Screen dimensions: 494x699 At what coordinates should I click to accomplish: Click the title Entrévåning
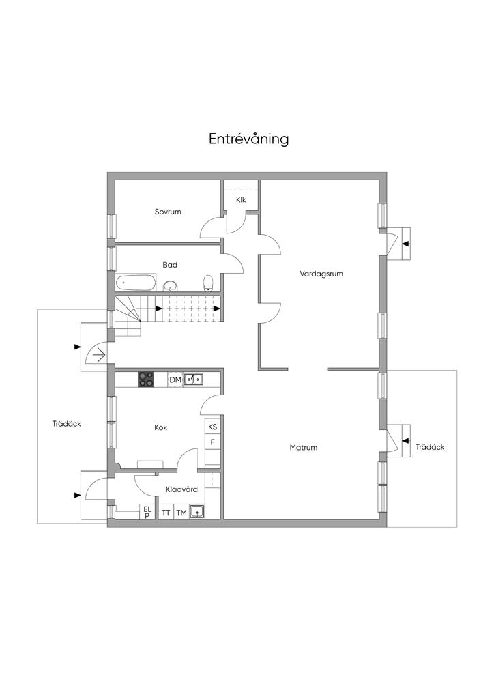tap(248, 139)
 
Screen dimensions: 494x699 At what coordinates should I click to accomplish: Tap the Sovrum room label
tap(168, 212)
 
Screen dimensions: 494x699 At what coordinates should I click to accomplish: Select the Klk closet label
tap(241, 200)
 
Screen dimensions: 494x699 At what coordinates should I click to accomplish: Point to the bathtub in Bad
tap(136, 283)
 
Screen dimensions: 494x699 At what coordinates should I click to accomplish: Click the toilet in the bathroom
tap(209, 283)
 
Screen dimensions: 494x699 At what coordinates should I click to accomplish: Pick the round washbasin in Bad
tap(170, 285)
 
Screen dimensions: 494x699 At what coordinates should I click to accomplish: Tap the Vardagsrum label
tap(321, 274)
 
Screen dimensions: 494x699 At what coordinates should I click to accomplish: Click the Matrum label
tap(304, 447)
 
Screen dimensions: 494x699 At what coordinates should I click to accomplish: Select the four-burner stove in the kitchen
tap(145, 380)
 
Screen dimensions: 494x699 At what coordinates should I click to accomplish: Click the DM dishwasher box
tap(175, 380)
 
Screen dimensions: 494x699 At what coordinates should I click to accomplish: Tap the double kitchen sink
tap(194, 380)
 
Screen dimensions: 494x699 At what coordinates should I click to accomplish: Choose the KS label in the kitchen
tap(213, 427)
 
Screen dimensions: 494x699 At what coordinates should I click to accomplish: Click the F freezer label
tap(213, 442)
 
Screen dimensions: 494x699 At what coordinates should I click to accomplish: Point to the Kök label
tap(161, 427)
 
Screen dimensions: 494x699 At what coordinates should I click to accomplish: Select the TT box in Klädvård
tap(166, 513)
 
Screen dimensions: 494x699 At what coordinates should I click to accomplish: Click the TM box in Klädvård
tap(181, 513)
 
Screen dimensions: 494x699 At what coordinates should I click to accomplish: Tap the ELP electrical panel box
tap(147, 512)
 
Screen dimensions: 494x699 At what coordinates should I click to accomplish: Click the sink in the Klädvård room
tap(197, 512)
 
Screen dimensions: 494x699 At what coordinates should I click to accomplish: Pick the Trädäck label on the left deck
tap(67, 424)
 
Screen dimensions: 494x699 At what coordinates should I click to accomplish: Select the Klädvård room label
tap(181, 489)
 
